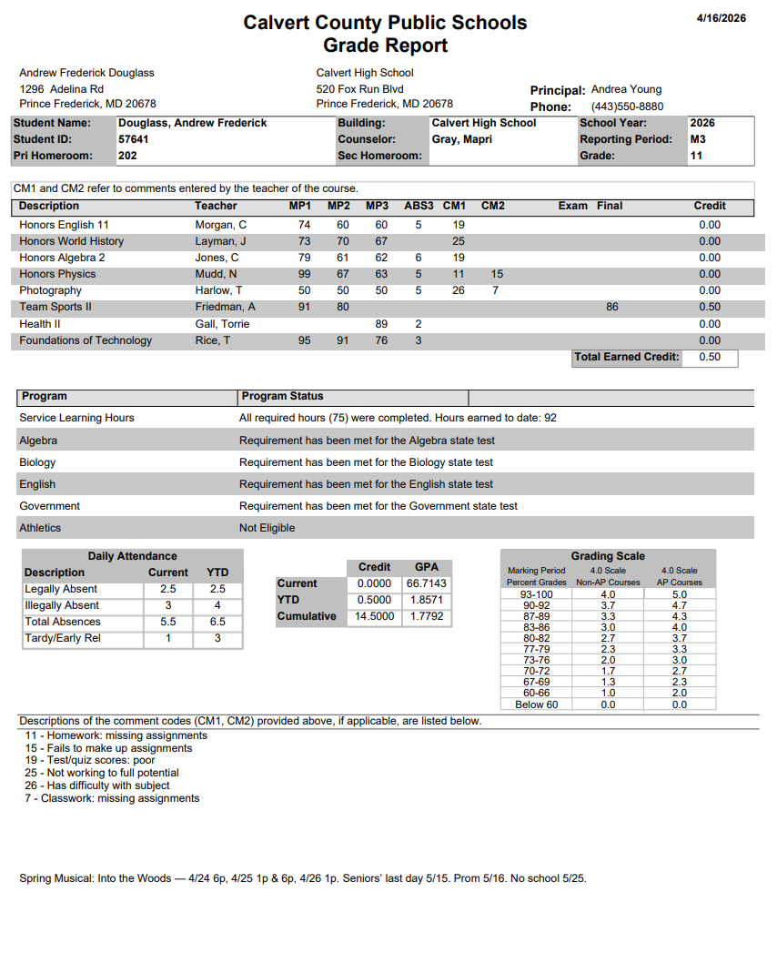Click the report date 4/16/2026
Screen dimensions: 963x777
[x=721, y=18]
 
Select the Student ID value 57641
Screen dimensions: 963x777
[x=134, y=139]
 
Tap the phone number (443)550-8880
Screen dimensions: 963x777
[x=627, y=106]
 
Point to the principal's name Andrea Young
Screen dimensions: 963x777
[x=626, y=89]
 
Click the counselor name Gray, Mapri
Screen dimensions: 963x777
[x=462, y=139]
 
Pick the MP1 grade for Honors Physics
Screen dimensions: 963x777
[x=304, y=274]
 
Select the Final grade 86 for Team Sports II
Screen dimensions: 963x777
[x=611, y=307]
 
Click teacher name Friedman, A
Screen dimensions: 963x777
[x=225, y=307]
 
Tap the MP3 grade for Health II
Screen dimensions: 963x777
[x=381, y=324]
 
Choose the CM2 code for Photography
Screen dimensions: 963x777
[x=495, y=290]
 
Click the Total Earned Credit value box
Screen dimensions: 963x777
[x=710, y=357]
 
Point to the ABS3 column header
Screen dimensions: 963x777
[x=419, y=206]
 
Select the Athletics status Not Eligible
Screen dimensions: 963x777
[x=267, y=528]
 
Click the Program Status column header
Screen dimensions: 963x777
[x=281, y=396]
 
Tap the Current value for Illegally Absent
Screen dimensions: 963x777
[x=167, y=605]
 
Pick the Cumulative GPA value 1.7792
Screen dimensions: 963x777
[x=427, y=616]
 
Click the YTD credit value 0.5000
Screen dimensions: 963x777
[x=375, y=600]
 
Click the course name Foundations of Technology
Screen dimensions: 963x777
[x=86, y=340]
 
